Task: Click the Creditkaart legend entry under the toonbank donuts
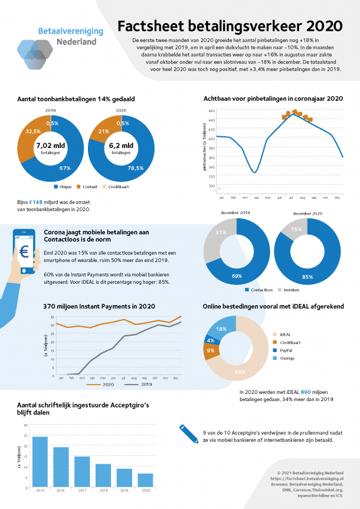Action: point(117,186)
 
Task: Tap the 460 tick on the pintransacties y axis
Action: point(211,111)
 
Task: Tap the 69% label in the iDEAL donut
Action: point(240,372)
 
